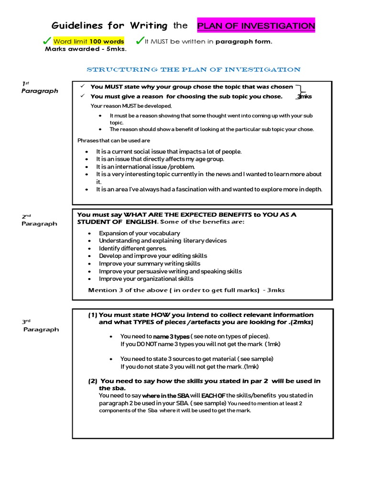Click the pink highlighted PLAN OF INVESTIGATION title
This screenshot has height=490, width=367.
coord(256,25)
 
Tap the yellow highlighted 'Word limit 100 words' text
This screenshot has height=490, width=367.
coord(88,42)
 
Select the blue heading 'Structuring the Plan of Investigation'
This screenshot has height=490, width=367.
coord(193,69)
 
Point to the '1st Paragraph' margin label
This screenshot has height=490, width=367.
coord(39,87)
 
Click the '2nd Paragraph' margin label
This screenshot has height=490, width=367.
coord(39,220)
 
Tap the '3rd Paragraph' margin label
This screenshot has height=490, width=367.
coord(41,325)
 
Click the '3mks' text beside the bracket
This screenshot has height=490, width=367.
coord(304,97)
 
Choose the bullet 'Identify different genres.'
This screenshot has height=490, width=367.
coord(133,248)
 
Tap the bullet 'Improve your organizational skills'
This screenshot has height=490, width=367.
coord(146,278)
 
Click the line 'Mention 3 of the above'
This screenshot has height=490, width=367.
coord(186,290)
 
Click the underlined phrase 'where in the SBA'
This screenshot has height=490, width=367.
coord(165,396)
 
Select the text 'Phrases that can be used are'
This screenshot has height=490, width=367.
coord(114,140)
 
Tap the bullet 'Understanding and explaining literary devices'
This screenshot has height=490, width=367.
coord(162,241)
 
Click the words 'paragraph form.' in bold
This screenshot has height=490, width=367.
coord(244,42)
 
